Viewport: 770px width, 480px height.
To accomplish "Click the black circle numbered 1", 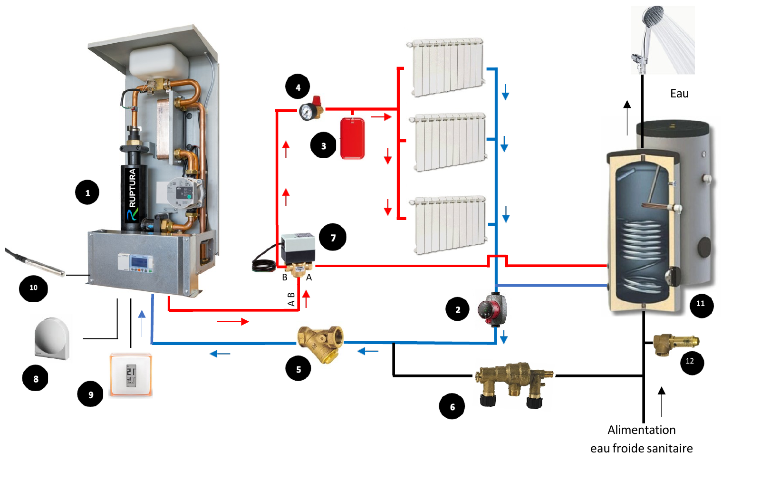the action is (x=87, y=192).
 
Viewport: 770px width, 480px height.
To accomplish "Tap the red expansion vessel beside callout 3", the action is (x=352, y=138).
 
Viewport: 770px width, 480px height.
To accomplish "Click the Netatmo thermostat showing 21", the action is (x=131, y=375).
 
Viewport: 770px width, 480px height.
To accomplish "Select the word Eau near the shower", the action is (x=679, y=94).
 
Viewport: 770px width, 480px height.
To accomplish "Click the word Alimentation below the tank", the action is (x=642, y=430).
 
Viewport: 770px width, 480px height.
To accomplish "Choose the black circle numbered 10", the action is (x=33, y=288).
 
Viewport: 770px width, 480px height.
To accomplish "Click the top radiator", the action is (x=446, y=67).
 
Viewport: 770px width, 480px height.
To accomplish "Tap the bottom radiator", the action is (x=448, y=225).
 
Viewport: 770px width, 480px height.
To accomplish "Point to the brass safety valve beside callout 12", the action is (x=676, y=345).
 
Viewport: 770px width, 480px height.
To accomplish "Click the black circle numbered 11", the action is (x=701, y=305).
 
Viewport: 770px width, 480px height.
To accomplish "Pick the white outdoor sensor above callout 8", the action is (x=52, y=338).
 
